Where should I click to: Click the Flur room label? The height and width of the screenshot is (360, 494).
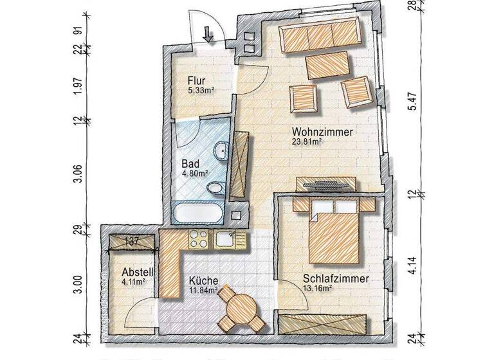[196, 80]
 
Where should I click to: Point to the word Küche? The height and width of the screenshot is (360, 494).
[203, 281]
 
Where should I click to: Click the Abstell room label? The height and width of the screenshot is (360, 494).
[134, 271]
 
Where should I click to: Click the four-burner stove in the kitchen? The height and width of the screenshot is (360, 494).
[197, 240]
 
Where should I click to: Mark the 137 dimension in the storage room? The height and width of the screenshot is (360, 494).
[133, 241]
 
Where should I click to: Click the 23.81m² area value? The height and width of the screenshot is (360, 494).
[309, 143]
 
